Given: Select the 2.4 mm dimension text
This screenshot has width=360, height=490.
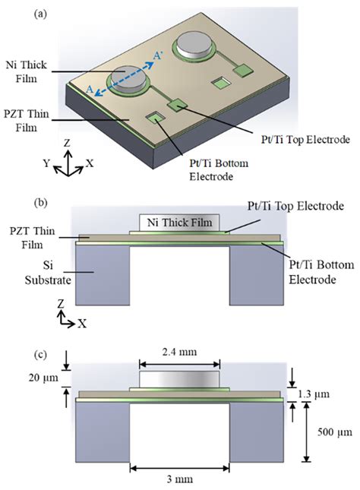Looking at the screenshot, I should click(180, 353).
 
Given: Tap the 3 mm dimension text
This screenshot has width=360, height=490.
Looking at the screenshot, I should click(180, 479).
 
